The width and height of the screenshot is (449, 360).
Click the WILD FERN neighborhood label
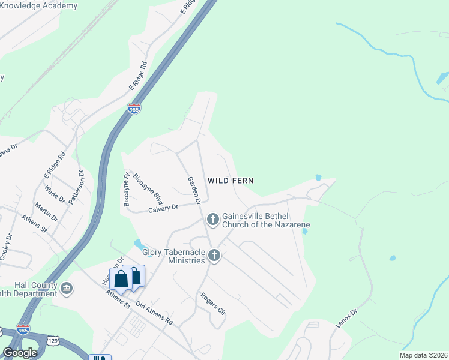click(231, 180)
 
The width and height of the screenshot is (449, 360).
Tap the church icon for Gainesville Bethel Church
click(212, 218)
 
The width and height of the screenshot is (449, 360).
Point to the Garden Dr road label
click(193, 189)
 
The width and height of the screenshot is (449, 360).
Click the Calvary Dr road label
click(163, 208)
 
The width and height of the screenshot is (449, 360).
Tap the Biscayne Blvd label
click(148, 189)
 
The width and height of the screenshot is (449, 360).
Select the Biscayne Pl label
click(127, 190)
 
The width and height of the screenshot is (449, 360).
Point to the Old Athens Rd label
click(155, 313)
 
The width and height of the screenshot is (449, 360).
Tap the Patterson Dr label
click(77, 187)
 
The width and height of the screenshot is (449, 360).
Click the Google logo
click(20, 353)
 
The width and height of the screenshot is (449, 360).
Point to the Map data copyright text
click(423, 355)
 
